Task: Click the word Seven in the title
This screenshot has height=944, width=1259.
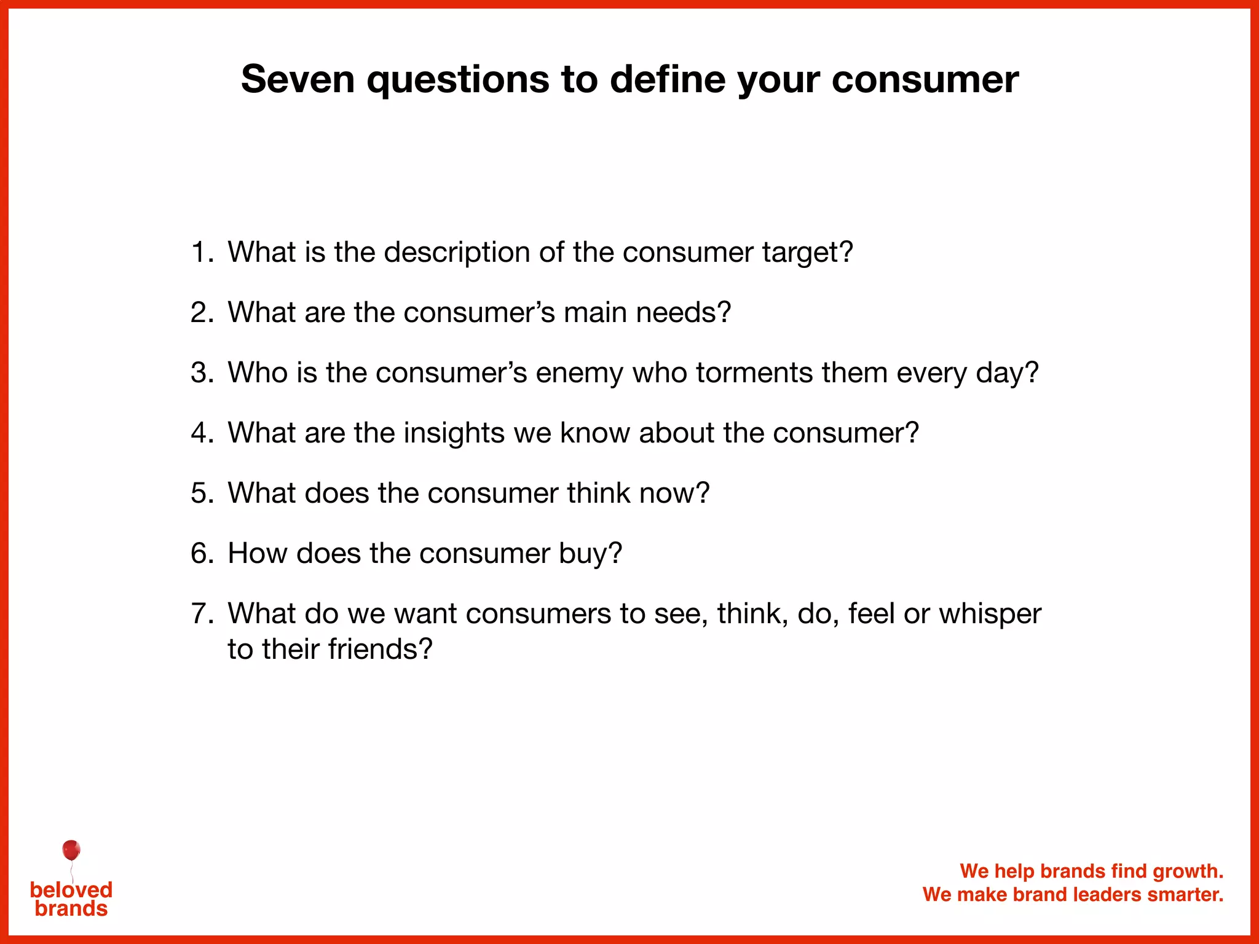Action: pyautogui.click(x=298, y=79)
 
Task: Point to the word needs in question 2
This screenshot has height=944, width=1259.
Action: pyautogui.click(x=683, y=313)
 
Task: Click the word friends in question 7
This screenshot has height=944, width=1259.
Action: pyautogui.click(x=380, y=649)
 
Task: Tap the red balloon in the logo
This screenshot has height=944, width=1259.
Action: pyautogui.click(x=71, y=851)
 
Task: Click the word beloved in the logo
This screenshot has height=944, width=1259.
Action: pyautogui.click(x=71, y=889)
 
